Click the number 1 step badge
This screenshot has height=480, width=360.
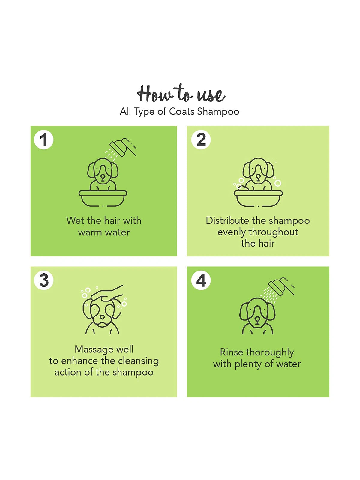[x=44, y=139]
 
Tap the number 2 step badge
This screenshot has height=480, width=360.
[x=201, y=139]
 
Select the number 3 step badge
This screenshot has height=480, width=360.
[x=44, y=280]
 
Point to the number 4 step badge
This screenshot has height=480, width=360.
[x=201, y=280]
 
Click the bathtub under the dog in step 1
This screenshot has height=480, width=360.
[x=103, y=198]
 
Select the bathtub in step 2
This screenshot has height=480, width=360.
[x=258, y=198]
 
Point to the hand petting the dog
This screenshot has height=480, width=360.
[x=107, y=292]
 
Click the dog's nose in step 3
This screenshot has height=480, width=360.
[x=102, y=317]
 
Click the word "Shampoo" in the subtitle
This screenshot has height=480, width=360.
[x=218, y=112]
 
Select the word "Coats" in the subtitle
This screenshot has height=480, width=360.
[x=182, y=112]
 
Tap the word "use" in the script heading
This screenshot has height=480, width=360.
[x=211, y=95]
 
